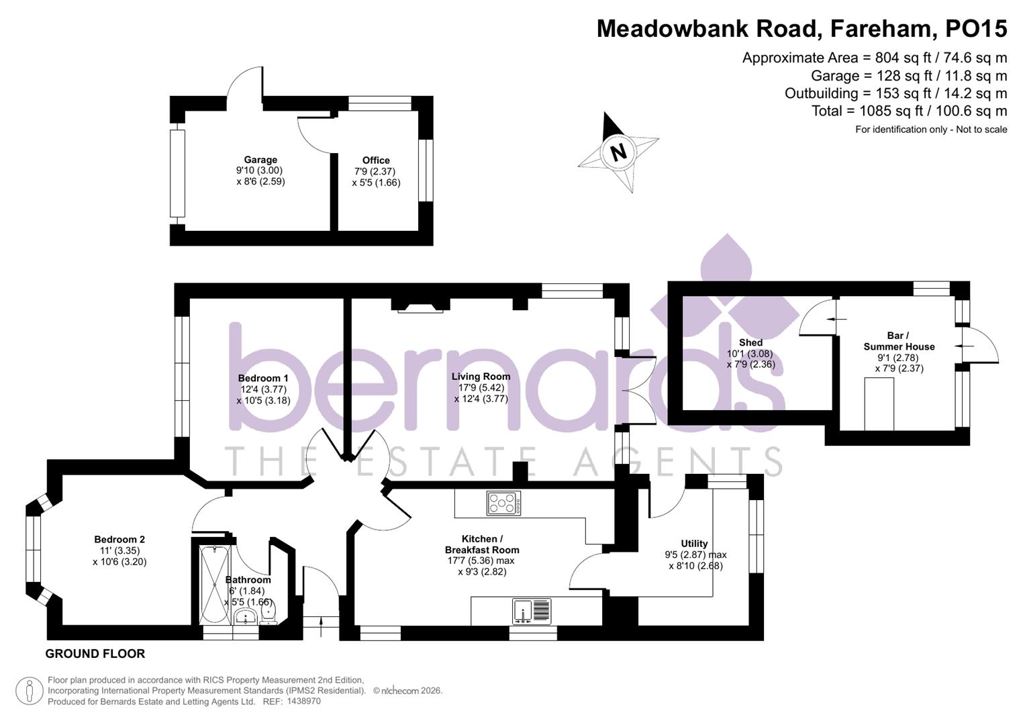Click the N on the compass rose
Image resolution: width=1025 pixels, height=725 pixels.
[618, 152]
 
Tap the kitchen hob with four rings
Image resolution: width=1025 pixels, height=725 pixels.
[503, 503]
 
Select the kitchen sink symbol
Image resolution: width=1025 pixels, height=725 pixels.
[532, 612]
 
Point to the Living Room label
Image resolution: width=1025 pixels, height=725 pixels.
[481, 376]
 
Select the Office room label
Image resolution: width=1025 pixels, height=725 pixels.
[376, 160]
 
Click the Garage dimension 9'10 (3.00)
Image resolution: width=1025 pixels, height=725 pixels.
[260, 171]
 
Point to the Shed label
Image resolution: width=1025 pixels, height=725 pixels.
[750, 342]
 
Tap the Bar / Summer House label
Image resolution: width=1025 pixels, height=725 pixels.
[899, 341]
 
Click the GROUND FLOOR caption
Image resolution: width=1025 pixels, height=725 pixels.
[95, 653]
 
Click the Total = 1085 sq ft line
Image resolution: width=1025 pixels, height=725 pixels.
[909, 111]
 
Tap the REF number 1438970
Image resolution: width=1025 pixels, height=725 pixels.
[303, 701]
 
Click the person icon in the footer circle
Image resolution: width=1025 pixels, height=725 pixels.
[30, 691]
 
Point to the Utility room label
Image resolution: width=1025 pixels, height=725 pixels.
[694, 543]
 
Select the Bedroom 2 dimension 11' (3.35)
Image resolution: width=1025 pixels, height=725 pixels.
[119, 550]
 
